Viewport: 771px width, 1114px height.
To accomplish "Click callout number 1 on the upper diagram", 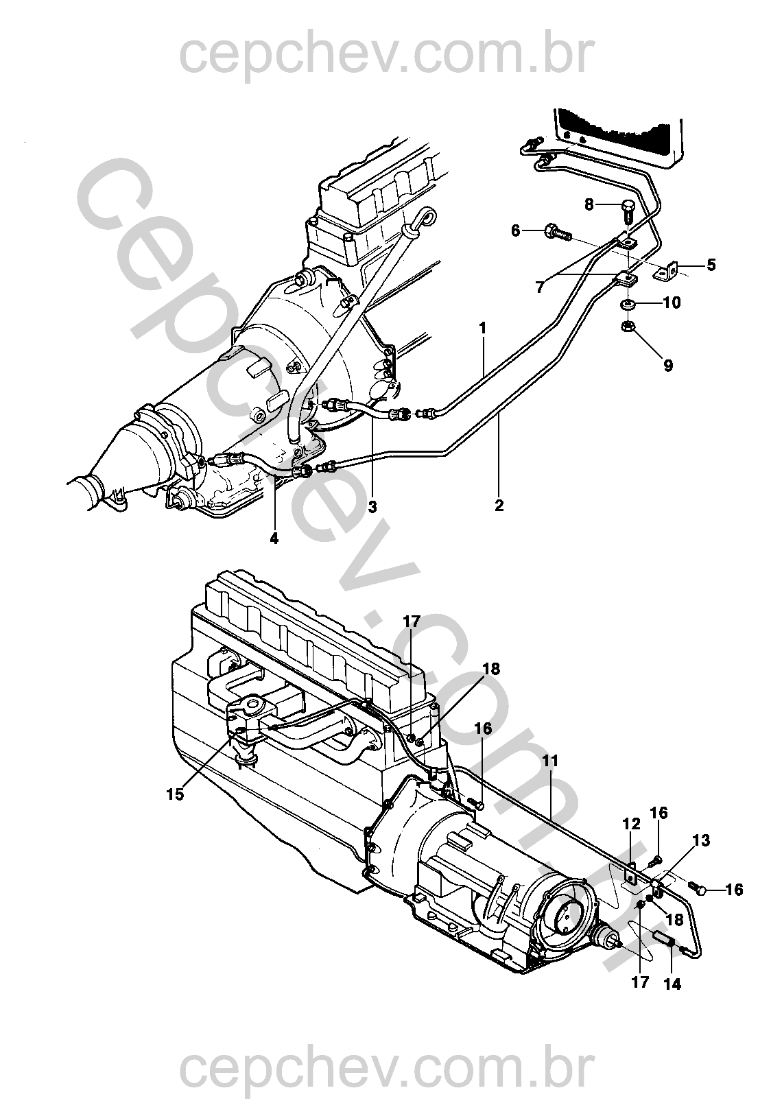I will click(482, 329).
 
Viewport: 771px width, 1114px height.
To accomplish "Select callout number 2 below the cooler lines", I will click(499, 506).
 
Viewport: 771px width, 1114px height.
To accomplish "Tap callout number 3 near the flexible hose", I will click(372, 507).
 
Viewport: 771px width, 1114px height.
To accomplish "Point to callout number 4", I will click(274, 538).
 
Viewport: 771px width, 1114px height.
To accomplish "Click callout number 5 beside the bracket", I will click(711, 265).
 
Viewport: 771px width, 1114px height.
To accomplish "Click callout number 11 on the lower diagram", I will click(550, 761).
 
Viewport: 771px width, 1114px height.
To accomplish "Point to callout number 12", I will click(631, 825).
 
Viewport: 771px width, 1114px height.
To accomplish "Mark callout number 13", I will click(700, 841).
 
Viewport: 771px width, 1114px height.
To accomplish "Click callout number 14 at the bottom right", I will click(672, 983).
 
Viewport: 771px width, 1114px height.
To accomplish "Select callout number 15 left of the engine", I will click(176, 794).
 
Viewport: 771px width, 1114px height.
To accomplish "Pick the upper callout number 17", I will click(411, 623).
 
